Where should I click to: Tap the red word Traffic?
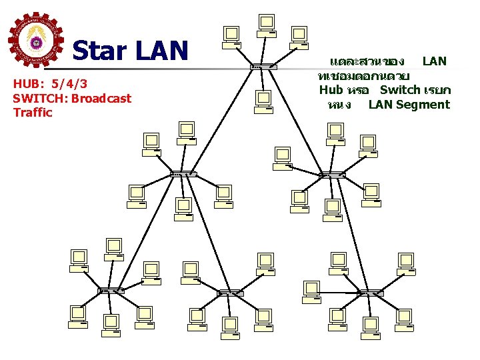coord(32,113)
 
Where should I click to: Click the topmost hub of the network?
coord(263,67)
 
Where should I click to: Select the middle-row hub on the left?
coord(183,175)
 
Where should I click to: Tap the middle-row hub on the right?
coord(331,176)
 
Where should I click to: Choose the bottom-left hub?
coord(111,291)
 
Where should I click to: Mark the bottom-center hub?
coord(231,293)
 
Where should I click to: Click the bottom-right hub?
coord(370,293)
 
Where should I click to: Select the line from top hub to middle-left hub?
coord(223,121)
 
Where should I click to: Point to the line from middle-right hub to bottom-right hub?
coord(351,234)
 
